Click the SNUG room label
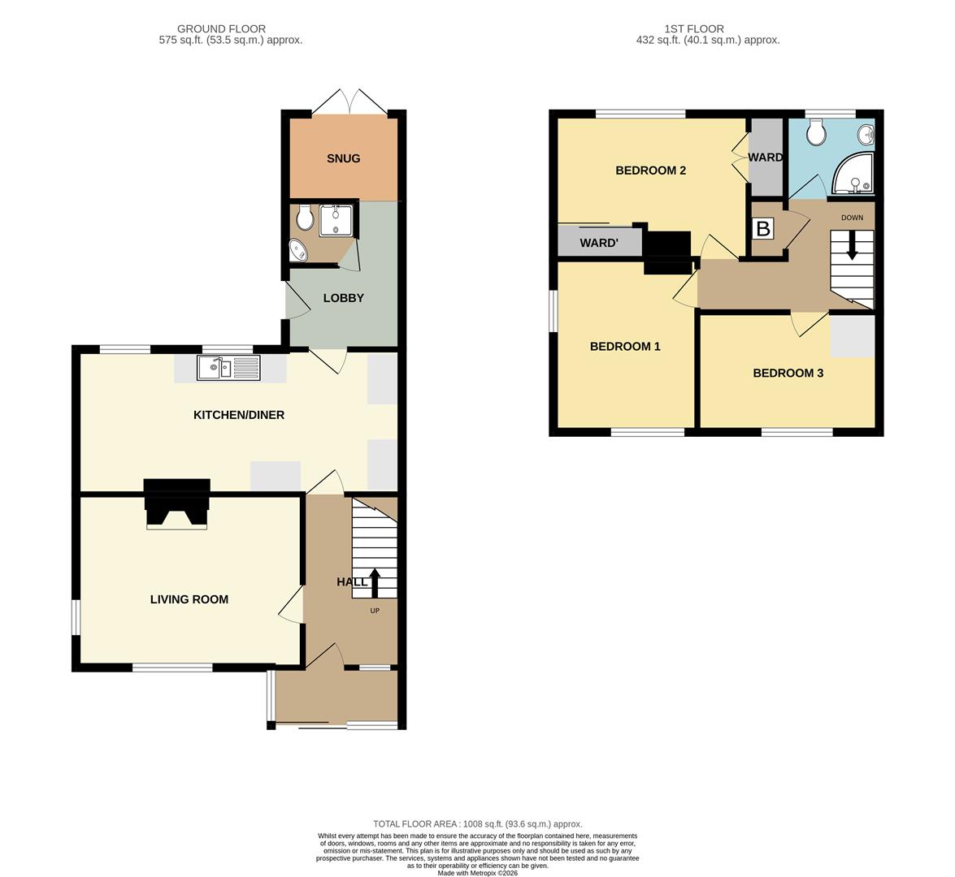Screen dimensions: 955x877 [344, 158]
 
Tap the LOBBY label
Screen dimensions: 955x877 [344, 297]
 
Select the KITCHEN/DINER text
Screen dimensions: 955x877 [239, 415]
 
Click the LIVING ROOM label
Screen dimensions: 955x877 [189, 599]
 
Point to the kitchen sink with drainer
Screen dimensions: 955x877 [228, 368]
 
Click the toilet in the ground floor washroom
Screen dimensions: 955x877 [306, 218]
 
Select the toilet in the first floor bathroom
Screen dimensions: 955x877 [815, 132]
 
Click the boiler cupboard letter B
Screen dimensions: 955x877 [763, 229]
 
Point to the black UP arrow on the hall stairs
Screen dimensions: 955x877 [375, 583]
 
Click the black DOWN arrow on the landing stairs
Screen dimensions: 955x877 [852, 246]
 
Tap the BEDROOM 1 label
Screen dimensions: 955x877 [626, 347]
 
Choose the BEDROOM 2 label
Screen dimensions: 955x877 [651, 171]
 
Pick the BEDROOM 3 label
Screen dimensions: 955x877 [788, 373]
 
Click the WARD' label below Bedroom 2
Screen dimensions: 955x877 [599, 244]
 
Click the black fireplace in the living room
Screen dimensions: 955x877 [177, 503]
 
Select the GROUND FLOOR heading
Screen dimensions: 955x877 [221, 28]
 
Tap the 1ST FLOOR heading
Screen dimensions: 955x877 [694, 28]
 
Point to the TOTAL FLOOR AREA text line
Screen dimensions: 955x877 [478, 824]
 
